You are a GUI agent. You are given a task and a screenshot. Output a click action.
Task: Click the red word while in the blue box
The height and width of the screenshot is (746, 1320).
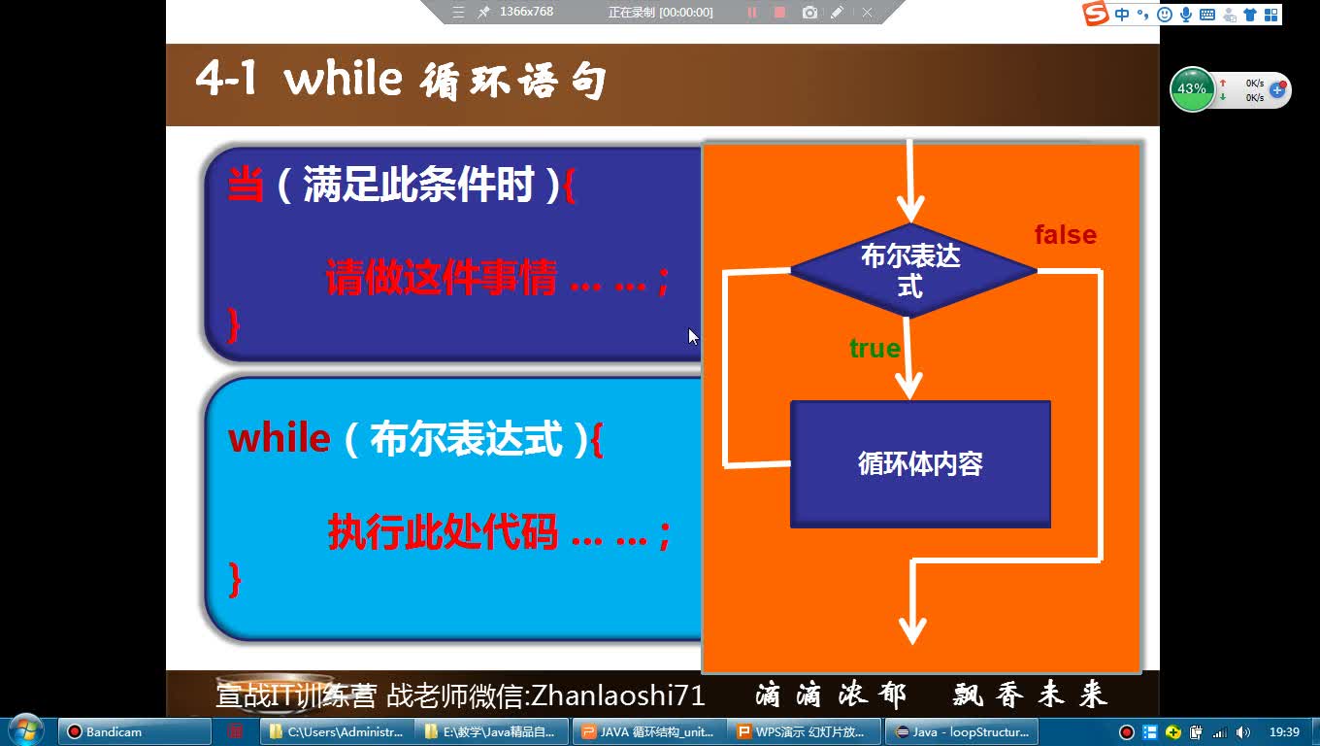click(x=280, y=439)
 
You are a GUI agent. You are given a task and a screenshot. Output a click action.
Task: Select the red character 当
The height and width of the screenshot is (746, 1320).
click(x=247, y=184)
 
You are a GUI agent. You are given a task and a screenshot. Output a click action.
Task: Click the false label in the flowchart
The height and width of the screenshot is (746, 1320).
click(x=1065, y=235)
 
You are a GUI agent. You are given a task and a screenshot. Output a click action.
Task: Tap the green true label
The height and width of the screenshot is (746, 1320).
click(x=874, y=349)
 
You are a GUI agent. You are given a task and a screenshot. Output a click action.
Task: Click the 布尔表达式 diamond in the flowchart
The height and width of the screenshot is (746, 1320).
click(x=912, y=270)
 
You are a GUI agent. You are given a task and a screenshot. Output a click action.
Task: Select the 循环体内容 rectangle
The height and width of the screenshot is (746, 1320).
click(x=920, y=464)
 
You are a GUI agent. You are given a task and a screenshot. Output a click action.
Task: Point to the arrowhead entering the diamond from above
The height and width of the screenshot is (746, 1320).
click(x=910, y=208)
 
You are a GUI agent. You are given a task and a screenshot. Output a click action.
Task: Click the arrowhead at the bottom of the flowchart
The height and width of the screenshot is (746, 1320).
click(x=912, y=630)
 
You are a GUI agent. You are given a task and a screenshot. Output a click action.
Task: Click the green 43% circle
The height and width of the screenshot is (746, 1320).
click(x=1191, y=89)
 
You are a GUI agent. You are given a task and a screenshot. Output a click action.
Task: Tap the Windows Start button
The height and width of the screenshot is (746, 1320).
click(x=25, y=730)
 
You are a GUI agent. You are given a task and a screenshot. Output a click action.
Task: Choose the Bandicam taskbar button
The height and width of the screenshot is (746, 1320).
click(x=135, y=731)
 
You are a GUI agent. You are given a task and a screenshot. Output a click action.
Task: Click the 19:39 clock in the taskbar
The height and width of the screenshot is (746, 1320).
click(x=1283, y=731)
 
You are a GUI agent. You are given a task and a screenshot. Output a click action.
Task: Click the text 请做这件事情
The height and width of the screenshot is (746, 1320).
click(x=442, y=280)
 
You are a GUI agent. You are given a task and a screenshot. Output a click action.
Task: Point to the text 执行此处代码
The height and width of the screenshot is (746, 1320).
click(x=443, y=532)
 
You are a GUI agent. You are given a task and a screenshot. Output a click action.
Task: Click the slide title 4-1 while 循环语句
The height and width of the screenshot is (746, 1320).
click(x=400, y=80)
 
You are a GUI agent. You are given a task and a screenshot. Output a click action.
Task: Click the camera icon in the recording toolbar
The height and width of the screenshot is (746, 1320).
click(x=809, y=13)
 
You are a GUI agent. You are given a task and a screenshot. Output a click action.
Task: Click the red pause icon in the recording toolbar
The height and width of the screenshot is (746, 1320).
click(x=751, y=13)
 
